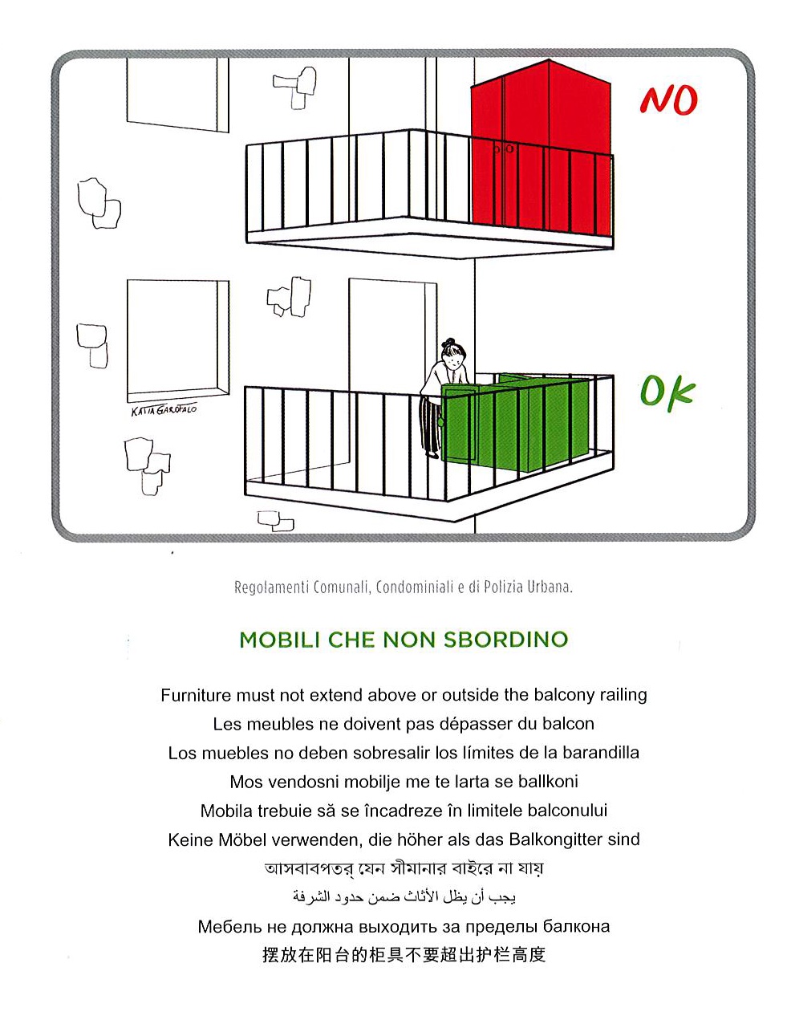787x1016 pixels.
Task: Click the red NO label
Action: coord(668,100)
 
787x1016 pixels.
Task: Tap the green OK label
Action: coord(666,392)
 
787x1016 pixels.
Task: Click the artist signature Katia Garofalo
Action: coord(164,410)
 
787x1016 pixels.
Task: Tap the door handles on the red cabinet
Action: coord(502,148)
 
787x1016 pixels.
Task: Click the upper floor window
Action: coord(176,92)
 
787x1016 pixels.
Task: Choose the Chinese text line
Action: coord(404,955)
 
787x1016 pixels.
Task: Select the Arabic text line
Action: coord(404,896)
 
